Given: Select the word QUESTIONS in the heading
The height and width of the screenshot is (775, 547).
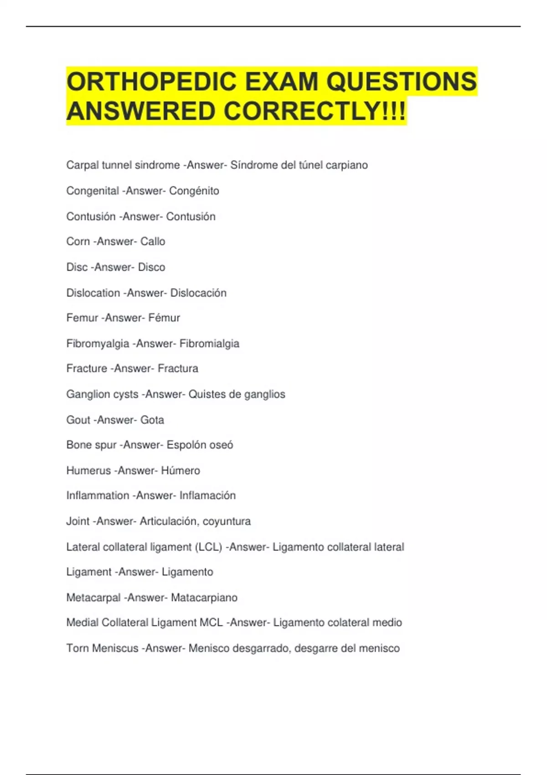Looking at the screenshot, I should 401,82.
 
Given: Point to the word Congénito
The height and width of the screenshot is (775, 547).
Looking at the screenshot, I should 194,191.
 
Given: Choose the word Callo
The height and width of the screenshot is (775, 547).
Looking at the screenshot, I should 153,242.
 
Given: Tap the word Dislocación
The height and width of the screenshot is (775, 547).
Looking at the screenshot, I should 198,293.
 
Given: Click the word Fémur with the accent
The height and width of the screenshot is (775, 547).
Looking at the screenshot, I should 164,318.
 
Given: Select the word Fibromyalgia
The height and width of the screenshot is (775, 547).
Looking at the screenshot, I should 98,344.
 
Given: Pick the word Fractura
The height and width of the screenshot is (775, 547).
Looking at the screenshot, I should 178,368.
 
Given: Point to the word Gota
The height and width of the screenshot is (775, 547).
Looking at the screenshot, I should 152,420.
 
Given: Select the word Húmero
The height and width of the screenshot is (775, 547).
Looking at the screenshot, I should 181,470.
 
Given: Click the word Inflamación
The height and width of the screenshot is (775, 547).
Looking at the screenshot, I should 207,496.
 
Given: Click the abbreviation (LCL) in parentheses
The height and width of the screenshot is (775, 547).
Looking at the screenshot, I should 208,547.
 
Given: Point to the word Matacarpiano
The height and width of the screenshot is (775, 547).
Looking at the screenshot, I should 204,598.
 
